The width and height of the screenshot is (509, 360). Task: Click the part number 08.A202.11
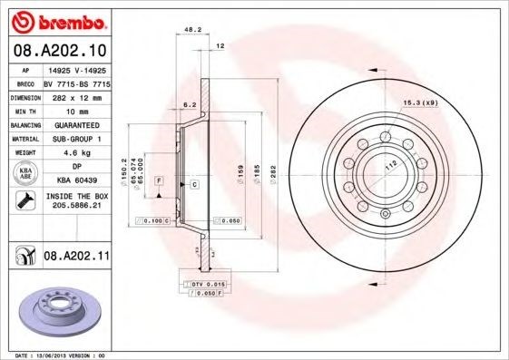76,257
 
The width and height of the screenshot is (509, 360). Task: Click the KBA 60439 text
76,180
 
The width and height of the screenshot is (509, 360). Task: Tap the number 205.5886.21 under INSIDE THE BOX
75,207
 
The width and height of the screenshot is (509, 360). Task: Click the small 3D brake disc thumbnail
56,310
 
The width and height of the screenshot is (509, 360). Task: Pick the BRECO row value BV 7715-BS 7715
76,82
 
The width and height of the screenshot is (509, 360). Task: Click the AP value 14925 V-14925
76,69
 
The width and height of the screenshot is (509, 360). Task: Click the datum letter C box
194,184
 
